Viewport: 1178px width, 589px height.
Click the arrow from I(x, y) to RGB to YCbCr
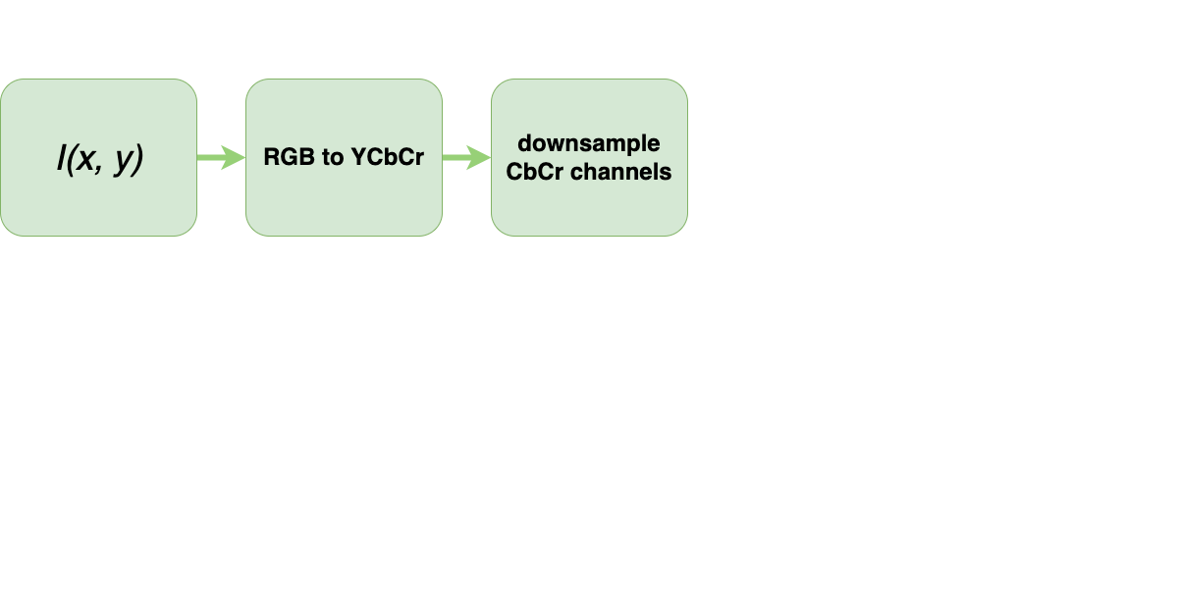coord(221,157)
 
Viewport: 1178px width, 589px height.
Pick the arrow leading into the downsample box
coord(466,157)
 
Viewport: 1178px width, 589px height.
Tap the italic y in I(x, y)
coord(122,162)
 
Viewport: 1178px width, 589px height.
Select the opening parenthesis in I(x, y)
coord(70,159)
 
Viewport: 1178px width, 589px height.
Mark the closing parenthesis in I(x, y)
coord(137,159)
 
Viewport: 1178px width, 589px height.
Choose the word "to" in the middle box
coord(330,157)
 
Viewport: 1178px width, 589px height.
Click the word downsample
coord(589,143)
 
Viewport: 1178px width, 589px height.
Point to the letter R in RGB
coord(271,157)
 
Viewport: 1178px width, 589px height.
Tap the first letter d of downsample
coord(524,143)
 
